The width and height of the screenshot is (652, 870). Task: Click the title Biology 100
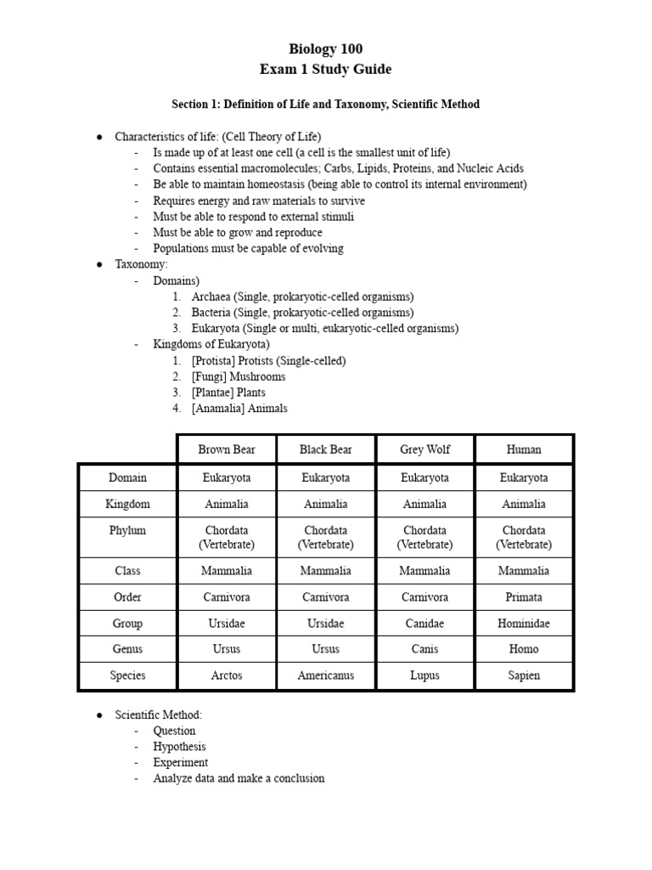(326, 49)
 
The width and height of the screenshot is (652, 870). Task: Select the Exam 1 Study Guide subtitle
(326, 69)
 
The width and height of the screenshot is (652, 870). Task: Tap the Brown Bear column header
(227, 449)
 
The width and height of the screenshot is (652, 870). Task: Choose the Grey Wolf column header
(424, 449)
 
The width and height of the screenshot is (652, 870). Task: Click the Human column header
(524, 449)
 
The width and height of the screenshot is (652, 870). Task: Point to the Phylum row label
(127, 530)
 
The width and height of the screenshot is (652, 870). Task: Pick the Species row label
(127, 675)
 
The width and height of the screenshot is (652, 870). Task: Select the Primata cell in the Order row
(524, 597)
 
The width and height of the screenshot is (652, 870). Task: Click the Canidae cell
(424, 624)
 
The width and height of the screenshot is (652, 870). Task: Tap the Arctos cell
(227, 675)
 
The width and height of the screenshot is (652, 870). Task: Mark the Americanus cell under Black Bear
(326, 675)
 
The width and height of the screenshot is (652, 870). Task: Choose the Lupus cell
(424, 675)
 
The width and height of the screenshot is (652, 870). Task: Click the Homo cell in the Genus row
(524, 649)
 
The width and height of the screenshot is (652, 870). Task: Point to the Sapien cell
(524, 675)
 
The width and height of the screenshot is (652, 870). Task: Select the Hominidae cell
(524, 624)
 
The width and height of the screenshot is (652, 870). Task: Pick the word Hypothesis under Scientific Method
(180, 747)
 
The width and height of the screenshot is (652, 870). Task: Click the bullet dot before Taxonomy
(99, 265)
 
